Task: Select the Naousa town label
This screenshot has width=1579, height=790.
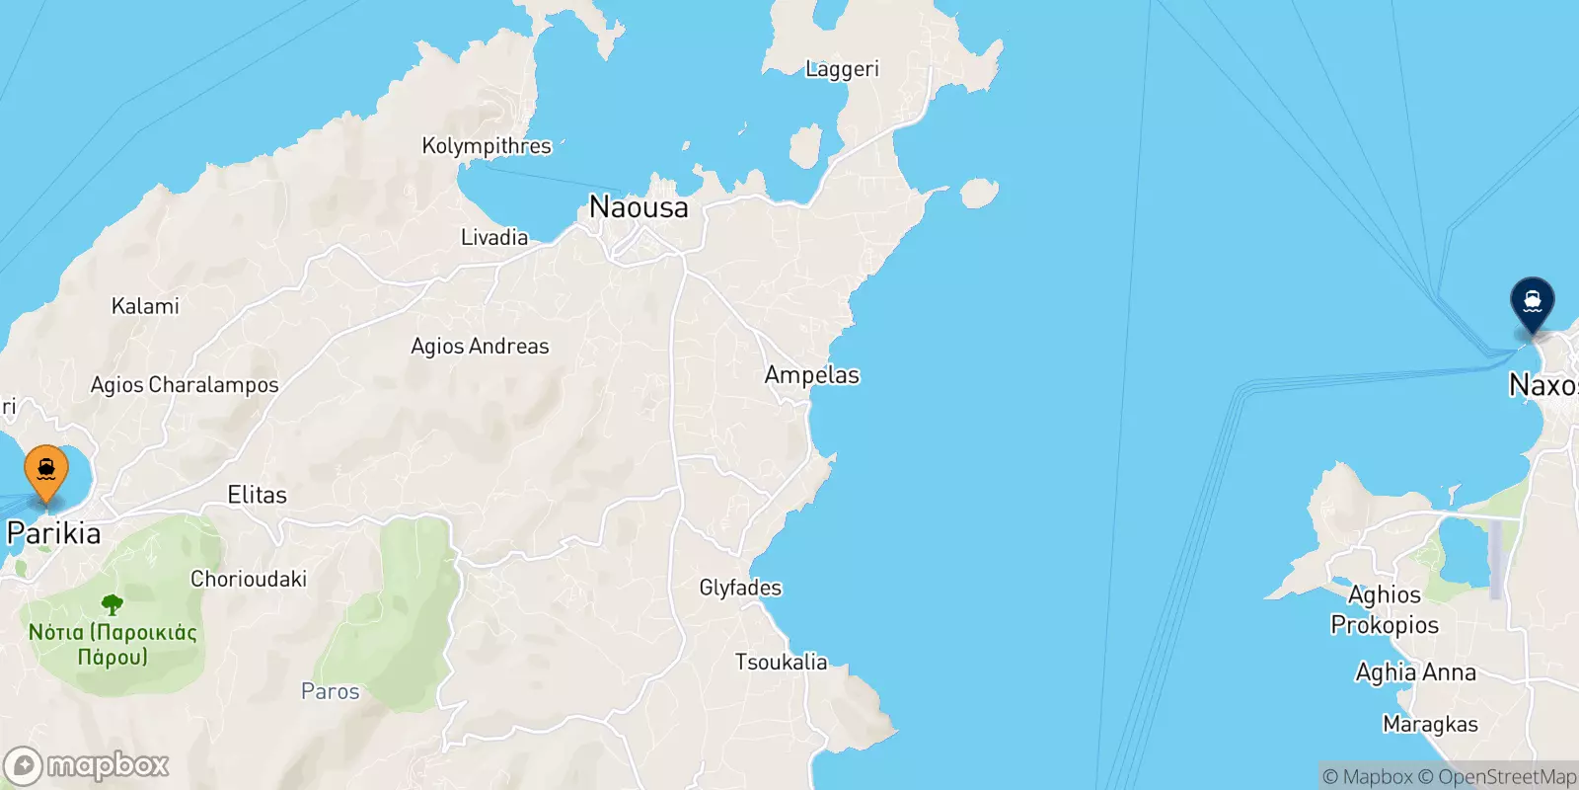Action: pyautogui.click(x=639, y=207)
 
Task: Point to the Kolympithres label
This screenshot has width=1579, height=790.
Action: pyautogui.click(x=487, y=146)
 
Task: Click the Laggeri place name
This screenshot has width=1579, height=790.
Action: pyautogui.click(x=842, y=69)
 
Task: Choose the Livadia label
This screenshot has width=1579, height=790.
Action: pyautogui.click(x=494, y=237)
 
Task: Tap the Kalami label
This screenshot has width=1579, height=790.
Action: pyautogui.click(x=145, y=306)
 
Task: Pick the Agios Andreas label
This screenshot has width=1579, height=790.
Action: pyautogui.click(x=480, y=347)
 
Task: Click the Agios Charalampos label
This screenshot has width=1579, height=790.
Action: pyautogui.click(x=185, y=385)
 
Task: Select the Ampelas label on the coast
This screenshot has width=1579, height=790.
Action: pyautogui.click(x=812, y=375)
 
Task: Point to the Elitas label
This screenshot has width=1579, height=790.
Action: pyautogui.click(x=257, y=495)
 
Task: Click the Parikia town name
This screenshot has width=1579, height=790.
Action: pyautogui.click(x=54, y=533)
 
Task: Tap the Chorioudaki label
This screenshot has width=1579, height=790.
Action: pyautogui.click(x=249, y=580)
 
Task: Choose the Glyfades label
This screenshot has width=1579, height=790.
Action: pyautogui.click(x=740, y=588)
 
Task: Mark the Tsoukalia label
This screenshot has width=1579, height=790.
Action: pyautogui.click(x=781, y=662)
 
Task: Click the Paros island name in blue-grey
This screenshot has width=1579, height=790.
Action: pyautogui.click(x=331, y=691)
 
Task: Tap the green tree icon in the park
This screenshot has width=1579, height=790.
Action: pyautogui.click(x=113, y=604)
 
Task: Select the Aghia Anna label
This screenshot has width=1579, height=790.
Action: pyautogui.click(x=1415, y=672)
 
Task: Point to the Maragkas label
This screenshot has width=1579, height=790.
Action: pyautogui.click(x=1430, y=725)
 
